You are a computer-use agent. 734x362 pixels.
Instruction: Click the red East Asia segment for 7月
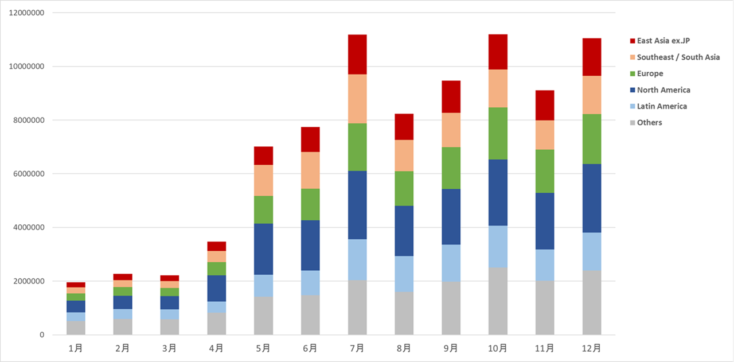coord(357,55)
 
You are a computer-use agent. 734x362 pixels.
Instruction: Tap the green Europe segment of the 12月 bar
coord(592,139)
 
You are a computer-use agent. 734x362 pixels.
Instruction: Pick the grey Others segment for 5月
coord(263,316)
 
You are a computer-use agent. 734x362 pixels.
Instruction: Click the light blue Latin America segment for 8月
coord(404,274)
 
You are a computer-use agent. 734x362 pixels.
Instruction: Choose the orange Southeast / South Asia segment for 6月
coord(310,170)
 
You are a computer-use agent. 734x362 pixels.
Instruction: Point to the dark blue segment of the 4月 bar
coord(216,288)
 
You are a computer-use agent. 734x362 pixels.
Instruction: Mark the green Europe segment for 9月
coord(451,168)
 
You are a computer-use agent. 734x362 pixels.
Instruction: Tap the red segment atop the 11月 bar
coord(545,105)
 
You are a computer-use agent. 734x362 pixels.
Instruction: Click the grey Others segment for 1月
coord(76,328)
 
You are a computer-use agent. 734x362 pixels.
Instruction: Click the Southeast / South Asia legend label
coord(678,57)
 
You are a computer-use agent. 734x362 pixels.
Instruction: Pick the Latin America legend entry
coord(662,106)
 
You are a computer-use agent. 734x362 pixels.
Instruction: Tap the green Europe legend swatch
coord(633,74)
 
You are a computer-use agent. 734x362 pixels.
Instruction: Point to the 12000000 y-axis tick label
coord(28,13)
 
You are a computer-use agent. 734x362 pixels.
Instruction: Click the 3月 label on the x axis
coord(169,348)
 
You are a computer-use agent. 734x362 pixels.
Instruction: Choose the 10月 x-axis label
coord(498,348)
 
